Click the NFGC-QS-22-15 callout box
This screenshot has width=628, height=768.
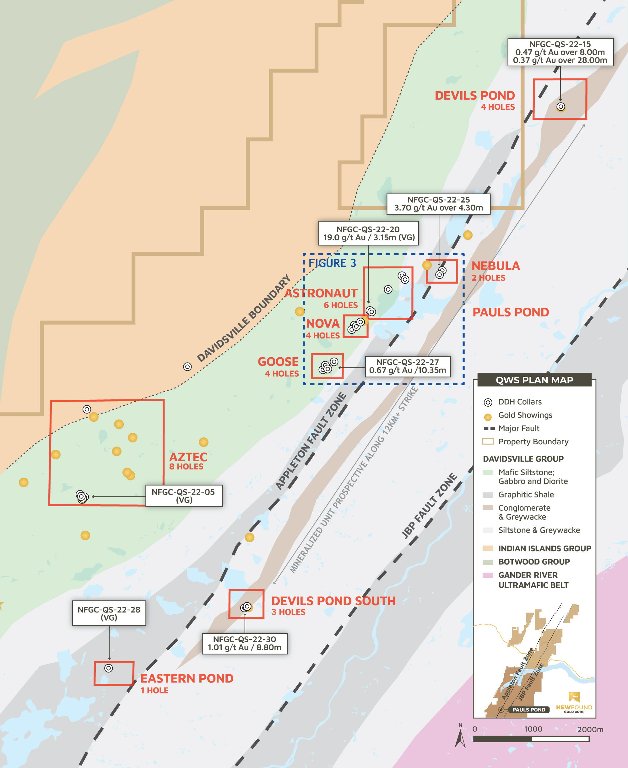560,52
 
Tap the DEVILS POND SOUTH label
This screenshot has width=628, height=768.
333,601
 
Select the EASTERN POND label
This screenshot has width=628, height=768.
187,678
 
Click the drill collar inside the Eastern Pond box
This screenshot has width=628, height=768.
109,668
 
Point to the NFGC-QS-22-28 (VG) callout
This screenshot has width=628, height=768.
109,613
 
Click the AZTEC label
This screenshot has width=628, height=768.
188,457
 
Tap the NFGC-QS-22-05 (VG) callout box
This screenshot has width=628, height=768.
184,496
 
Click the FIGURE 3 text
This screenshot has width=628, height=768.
332,263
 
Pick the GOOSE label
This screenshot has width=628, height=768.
278,362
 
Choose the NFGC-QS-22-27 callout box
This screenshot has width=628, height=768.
408,366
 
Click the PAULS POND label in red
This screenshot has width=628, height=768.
511,312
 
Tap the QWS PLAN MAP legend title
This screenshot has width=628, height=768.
534,380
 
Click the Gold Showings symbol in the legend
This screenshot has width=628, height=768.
488,417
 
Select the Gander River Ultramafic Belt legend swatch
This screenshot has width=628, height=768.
488,575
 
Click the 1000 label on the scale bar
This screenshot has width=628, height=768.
533,729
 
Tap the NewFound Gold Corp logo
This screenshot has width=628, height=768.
574,703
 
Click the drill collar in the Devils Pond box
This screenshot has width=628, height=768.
561,107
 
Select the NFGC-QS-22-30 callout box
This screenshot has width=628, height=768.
245,644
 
